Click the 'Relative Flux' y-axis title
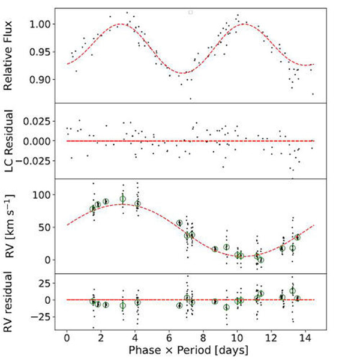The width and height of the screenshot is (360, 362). pyautogui.click(x=11, y=55)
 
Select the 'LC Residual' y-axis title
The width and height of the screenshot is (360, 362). pyautogui.click(x=11, y=141)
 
